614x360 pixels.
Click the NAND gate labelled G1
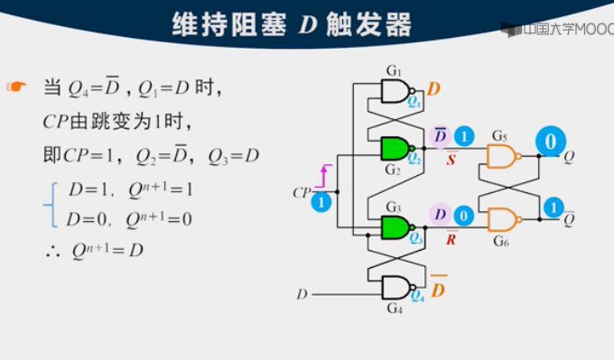(x=395, y=89)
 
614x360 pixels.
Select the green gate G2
(x=395, y=147)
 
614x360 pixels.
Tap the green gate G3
(x=395, y=226)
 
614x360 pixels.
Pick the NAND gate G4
(x=395, y=286)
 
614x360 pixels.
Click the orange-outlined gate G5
(x=501, y=158)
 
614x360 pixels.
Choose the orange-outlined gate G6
(x=501, y=219)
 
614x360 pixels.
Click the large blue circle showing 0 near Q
(x=548, y=141)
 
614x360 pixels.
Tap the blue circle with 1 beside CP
(x=321, y=202)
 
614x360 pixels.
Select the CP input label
(x=302, y=192)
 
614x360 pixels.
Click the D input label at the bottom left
(x=302, y=293)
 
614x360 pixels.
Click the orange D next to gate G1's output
(x=433, y=89)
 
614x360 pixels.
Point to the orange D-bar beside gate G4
(x=437, y=289)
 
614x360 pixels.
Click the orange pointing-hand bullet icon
(x=17, y=88)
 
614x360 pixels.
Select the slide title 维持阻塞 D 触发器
(x=291, y=24)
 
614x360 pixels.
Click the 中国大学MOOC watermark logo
(x=555, y=30)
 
